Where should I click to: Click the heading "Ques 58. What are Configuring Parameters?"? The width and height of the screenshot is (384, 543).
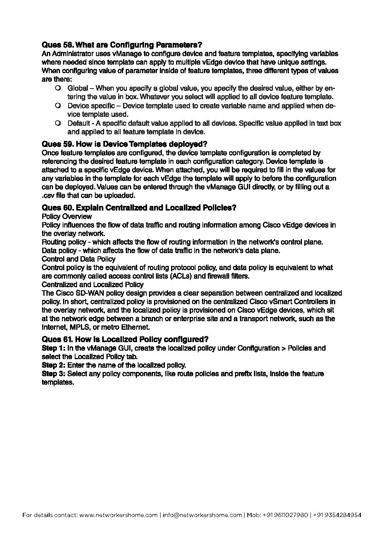click(x=122, y=45)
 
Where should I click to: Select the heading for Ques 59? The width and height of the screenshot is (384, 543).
click(x=125, y=144)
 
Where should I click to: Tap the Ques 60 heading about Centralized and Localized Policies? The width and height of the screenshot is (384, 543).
click(x=139, y=208)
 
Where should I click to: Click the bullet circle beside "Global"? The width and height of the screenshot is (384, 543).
click(x=58, y=88)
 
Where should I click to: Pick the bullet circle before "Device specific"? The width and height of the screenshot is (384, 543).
click(x=58, y=106)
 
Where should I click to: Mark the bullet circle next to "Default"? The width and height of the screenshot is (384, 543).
click(x=58, y=123)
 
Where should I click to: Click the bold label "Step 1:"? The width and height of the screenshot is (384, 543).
click(x=53, y=348)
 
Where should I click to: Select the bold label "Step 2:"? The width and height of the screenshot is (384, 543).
click(x=53, y=365)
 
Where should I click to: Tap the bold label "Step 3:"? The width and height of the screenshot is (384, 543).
click(x=53, y=374)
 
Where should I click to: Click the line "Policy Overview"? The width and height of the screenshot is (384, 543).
click(x=67, y=216)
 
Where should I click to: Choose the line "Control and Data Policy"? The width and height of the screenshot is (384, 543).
click(x=78, y=259)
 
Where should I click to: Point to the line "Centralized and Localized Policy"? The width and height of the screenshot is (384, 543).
click(x=92, y=284)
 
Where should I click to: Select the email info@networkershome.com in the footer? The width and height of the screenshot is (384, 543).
click(x=202, y=515)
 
